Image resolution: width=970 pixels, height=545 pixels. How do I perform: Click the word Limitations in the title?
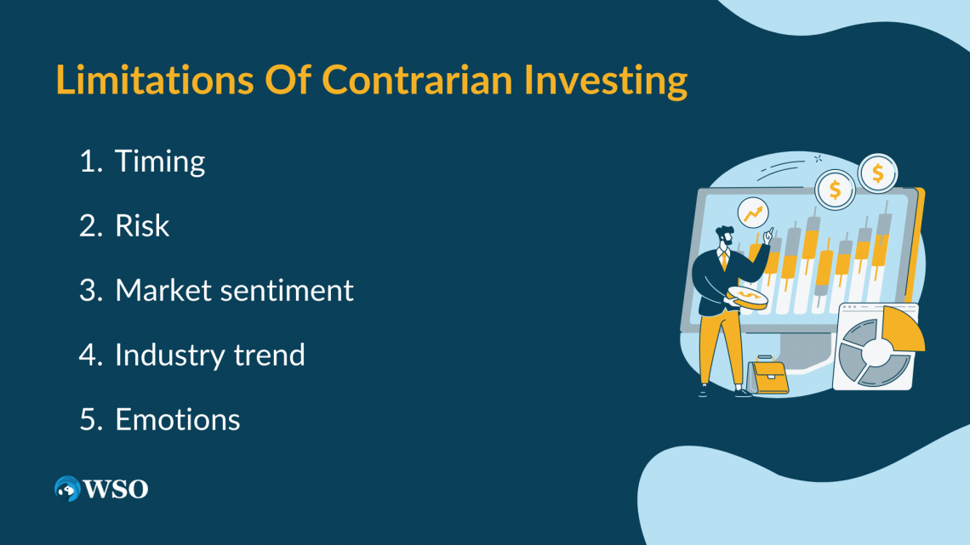tap(155, 80)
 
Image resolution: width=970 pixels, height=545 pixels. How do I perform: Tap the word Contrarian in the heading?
tap(417, 80)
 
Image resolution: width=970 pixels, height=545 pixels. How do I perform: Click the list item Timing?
tap(160, 162)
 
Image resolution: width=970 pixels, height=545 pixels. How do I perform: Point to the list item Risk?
tap(141, 225)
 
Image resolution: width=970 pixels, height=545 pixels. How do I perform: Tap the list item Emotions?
tap(178, 419)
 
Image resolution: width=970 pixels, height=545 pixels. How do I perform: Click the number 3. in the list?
tap(90, 291)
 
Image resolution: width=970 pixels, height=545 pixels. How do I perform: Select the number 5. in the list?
tap(90, 419)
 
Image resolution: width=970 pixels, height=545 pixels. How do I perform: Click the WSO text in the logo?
tap(116, 489)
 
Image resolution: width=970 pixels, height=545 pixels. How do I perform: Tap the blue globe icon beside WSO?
tap(67, 489)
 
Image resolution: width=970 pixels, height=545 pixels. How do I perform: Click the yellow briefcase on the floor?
tap(769, 376)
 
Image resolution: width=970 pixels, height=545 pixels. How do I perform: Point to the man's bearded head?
tap(725, 236)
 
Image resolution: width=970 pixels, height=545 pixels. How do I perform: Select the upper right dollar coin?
tap(878, 173)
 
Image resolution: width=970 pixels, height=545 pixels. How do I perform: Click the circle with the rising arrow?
tap(753, 213)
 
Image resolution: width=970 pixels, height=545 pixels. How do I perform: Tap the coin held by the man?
tap(747, 298)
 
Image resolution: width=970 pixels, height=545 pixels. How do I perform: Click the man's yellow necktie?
tap(724, 261)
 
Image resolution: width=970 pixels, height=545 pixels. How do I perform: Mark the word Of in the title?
tap(288, 80)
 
